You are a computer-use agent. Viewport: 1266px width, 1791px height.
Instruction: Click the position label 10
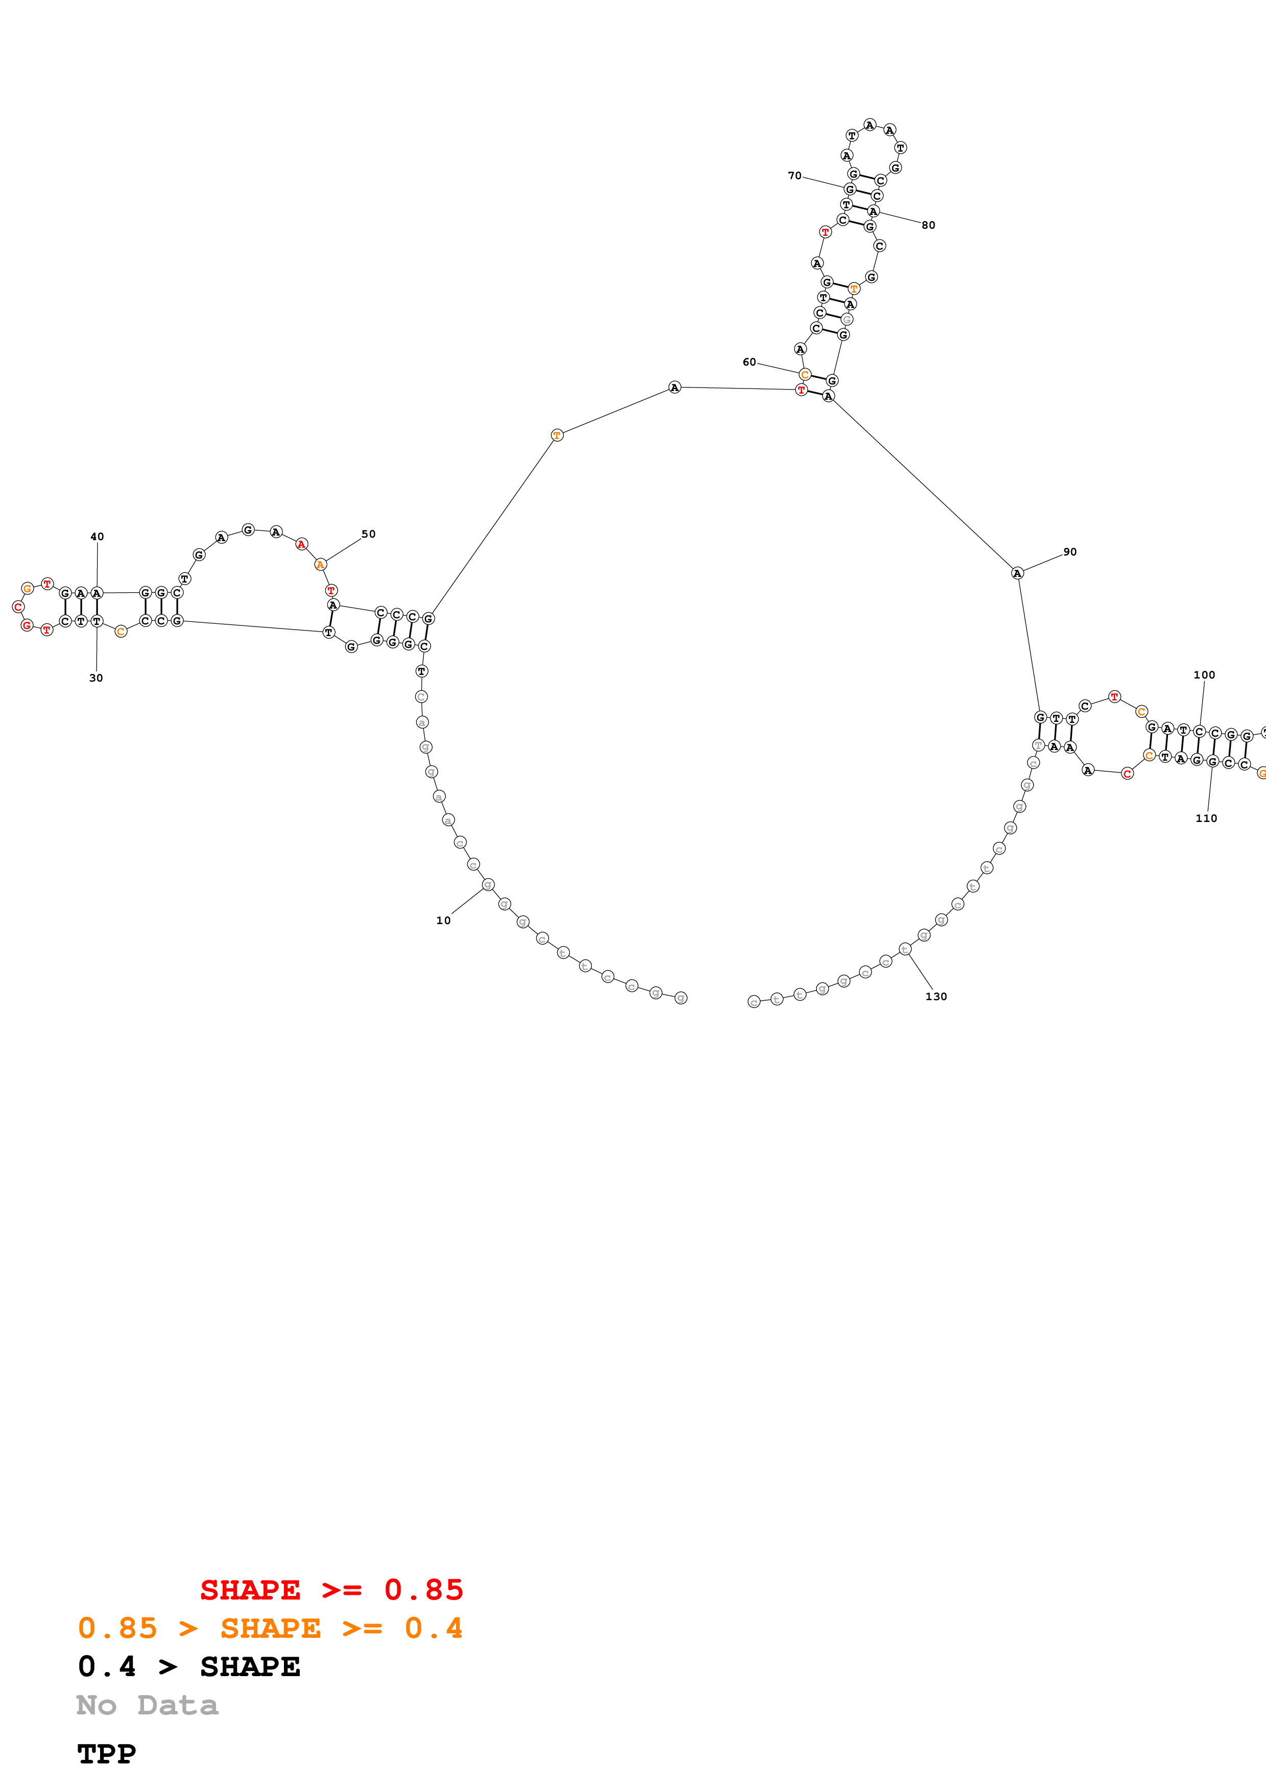point(443,921)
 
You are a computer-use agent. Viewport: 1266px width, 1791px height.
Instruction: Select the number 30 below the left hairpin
point(96,678)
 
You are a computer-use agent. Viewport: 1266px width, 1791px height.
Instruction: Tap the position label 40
point(97,537)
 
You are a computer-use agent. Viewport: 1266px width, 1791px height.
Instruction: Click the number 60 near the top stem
point(749,362)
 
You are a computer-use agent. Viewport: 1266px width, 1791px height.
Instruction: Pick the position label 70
point(794,176)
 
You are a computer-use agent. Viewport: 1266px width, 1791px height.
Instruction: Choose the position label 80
point(928,226)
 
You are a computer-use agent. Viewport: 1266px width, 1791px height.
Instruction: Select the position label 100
point(1204,675)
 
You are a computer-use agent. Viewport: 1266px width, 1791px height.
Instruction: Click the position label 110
point(1206,818)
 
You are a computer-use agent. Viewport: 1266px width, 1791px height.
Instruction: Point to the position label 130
point(936,996)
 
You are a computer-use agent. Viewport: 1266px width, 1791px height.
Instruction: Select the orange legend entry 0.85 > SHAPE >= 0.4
point(270,1628)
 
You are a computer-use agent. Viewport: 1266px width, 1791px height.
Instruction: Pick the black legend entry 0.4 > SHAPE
point(189,1666)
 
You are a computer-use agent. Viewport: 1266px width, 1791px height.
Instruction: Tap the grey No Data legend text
point(147,1705)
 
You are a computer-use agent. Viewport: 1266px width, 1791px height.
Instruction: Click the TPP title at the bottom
point(106,1754)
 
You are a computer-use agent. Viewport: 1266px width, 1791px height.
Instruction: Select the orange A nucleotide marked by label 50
point(320,564)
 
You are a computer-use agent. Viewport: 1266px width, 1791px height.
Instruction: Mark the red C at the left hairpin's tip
point(18,607)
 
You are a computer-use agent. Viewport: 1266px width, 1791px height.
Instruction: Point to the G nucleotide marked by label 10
point(488,885)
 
